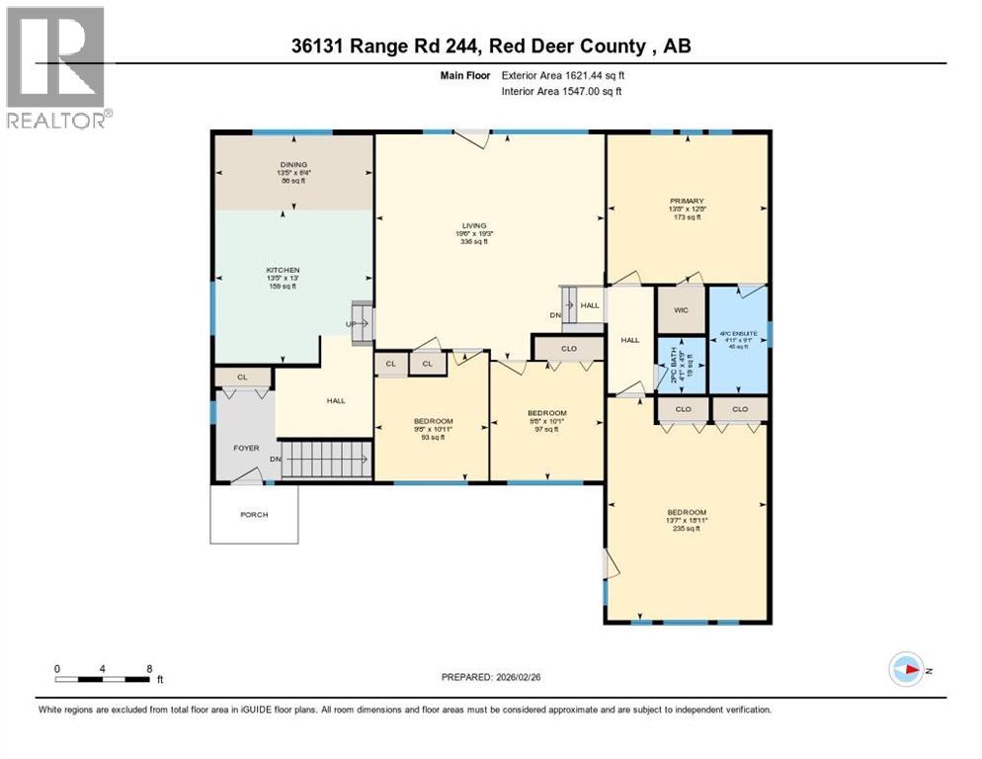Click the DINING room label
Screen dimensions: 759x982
point(292,165)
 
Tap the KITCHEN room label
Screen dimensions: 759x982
point(283,270)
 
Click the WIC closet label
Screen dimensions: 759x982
point(681,310)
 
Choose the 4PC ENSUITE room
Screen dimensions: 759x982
point(738,334)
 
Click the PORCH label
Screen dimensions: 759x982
point(254,514)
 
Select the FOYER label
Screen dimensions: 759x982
point(246,448)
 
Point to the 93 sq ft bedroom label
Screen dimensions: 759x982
point(433,422)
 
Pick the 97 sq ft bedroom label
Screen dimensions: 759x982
point(546,413)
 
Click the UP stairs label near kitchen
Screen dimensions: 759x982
point(350,323)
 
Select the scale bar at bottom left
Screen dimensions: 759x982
point(104,677)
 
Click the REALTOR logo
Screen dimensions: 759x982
point(56,67)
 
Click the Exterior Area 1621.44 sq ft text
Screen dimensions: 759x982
point(563,75)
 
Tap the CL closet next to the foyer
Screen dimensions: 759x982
point(243,377)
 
